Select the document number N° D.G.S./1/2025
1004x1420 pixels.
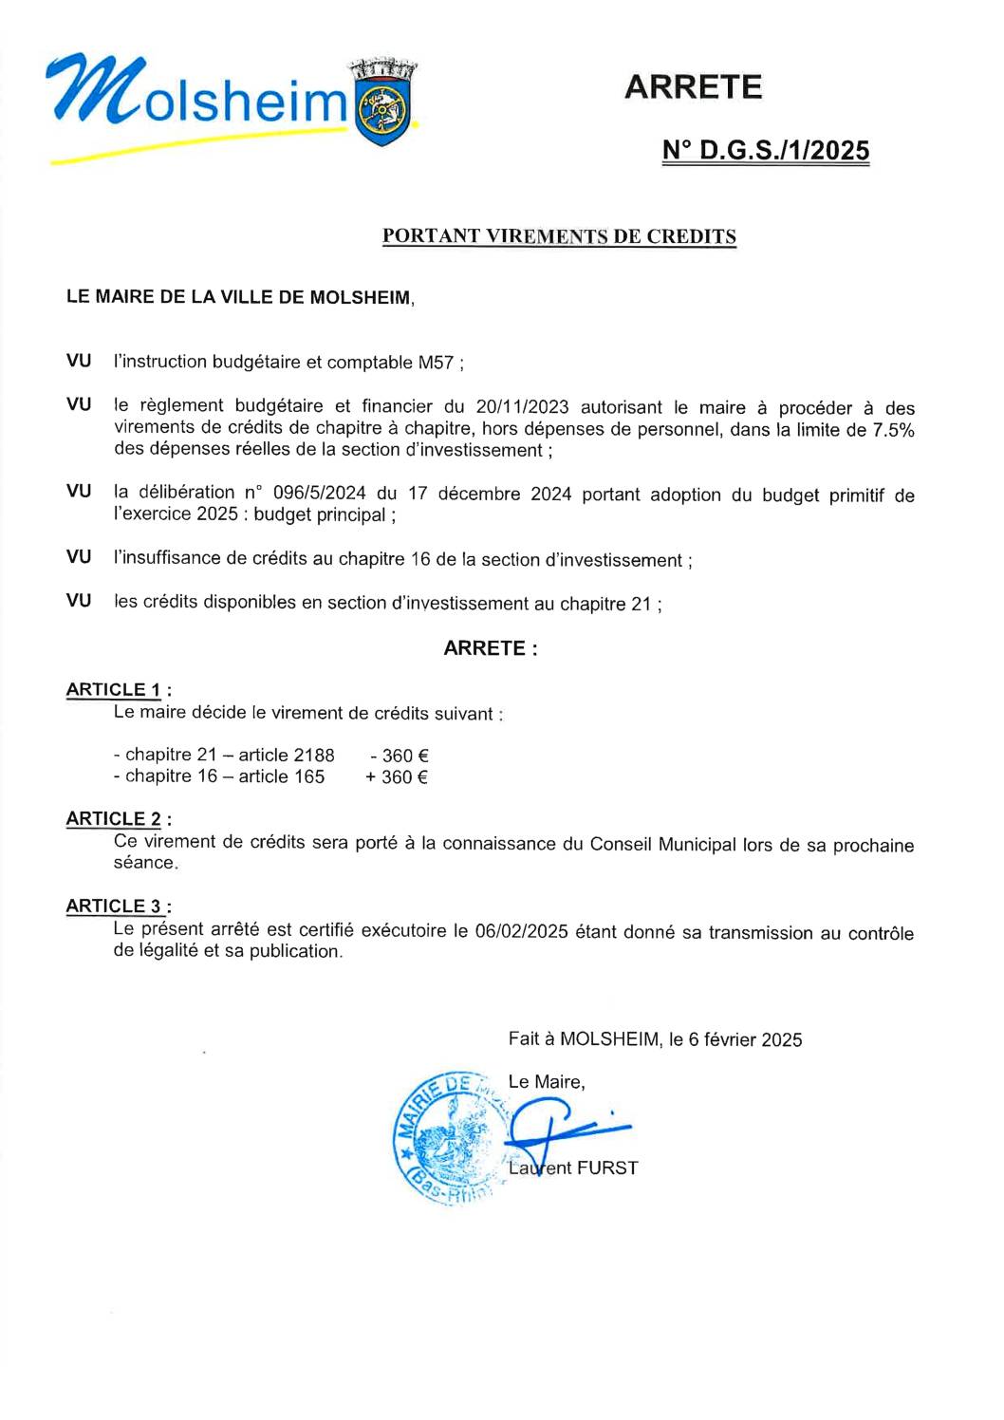tap(765, 151)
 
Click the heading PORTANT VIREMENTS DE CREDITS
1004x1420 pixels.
tap(559, 236)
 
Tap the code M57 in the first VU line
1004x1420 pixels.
tap(436, 363)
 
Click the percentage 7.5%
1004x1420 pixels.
tap(893, 429)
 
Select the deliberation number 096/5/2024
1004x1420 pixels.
tap(319, 493)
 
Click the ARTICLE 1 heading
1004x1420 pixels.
tap(114, 690)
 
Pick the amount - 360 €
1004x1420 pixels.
tap(400, 756)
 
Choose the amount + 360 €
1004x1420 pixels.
tap(397, 777)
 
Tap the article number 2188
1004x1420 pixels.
tap(314, 756)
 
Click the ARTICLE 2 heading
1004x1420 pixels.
tap(114, 819)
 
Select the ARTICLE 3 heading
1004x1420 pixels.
tap(114, 906)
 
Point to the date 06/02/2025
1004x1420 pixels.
tap(521, 931)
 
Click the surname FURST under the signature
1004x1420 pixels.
tap(607, 1168)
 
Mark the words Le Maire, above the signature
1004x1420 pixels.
tap(547, 1082)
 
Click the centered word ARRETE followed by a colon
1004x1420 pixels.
tap(491, 648)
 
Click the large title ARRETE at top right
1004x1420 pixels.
tap(693, 87)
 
